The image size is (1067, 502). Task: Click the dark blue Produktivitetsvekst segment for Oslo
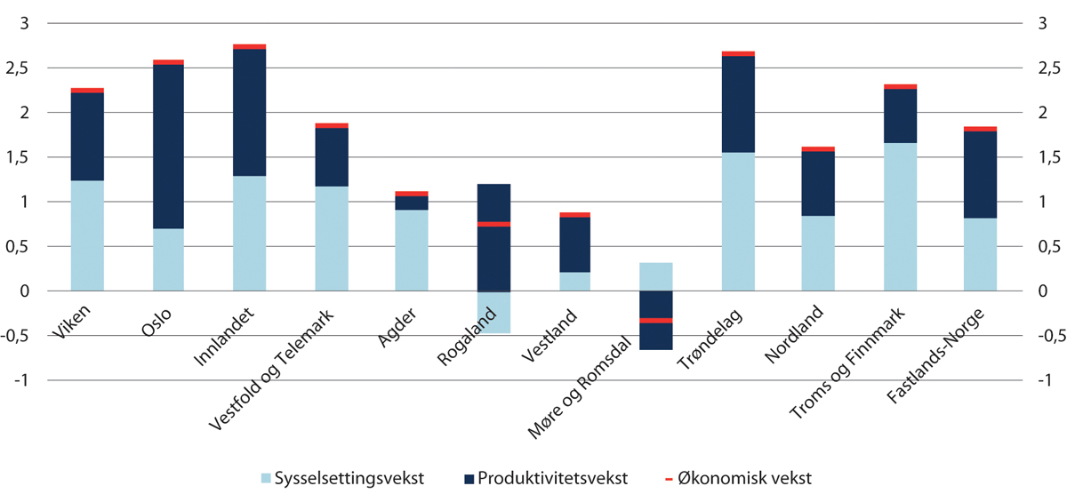(168, 147)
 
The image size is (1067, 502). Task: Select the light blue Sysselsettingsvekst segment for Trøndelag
(738, 221)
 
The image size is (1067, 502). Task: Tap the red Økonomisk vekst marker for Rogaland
(493, 224)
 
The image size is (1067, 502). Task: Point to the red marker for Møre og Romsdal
(656, 320)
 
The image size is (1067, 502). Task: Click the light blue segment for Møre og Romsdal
(656, 276)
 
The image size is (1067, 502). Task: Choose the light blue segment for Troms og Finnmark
(900, 217)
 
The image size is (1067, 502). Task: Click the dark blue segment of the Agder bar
(412, 203)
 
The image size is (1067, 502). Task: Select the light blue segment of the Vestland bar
(574, 281)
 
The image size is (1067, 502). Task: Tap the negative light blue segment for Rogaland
(493, 312)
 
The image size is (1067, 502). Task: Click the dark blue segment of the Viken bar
(87, 137)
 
